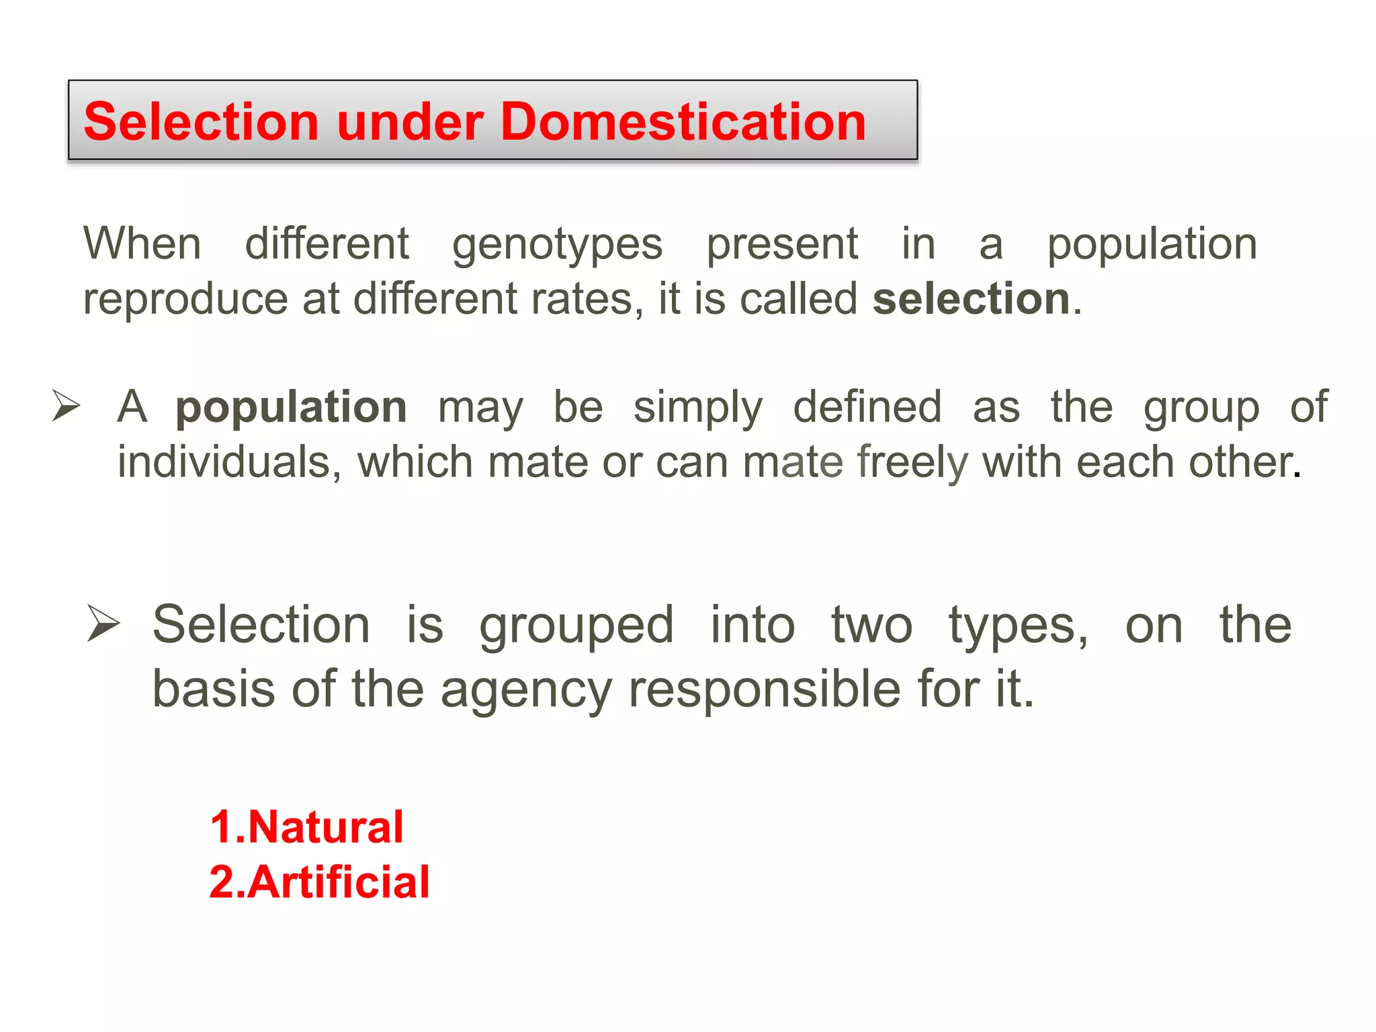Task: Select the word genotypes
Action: coord(557,245)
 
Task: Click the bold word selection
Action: coord(971,299)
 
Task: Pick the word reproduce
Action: coord(185,300)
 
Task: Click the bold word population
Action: coord(291,408)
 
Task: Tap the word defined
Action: coord(867,407)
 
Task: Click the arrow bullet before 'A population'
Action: coord(67,406)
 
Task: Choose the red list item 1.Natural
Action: coord(306,827)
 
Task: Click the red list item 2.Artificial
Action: coord(319,882)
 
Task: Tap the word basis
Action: coord(214,689)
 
